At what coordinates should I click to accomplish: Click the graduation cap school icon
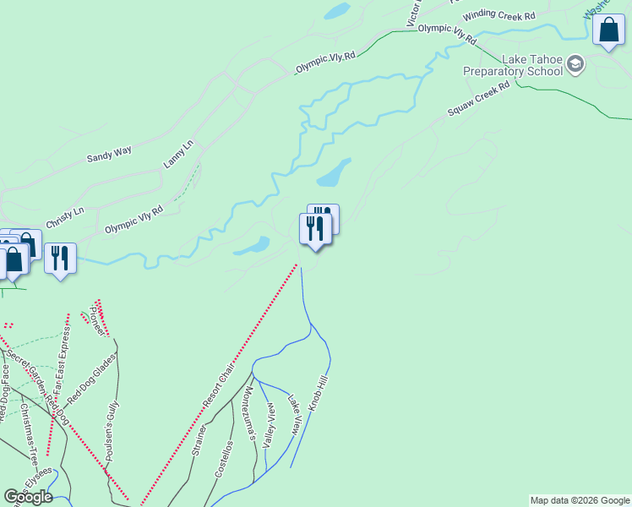[575, 64]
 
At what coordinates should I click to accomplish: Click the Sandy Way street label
[110, 155]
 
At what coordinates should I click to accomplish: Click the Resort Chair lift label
[219, 386]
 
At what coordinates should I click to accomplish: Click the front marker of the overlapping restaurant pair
[315, 228]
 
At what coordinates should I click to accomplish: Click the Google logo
[28, 497]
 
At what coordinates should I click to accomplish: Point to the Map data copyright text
[580, 500]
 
